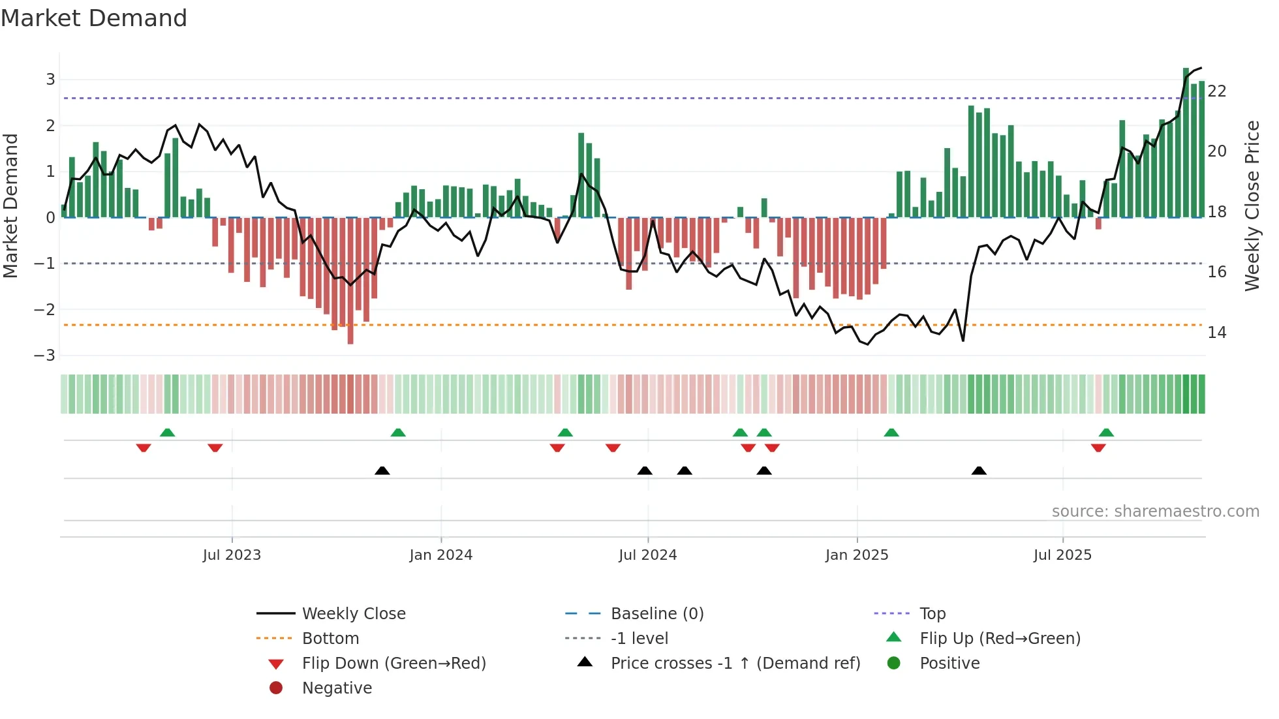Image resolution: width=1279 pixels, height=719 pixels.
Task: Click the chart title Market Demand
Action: (94, 18)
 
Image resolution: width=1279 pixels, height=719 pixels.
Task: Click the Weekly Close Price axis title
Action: (1252, 206)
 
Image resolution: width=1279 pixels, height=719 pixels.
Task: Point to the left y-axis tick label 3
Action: (50, 80)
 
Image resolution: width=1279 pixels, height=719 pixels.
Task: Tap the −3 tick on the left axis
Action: (45, 356)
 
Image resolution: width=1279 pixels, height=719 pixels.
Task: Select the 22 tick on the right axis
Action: (1216, 91)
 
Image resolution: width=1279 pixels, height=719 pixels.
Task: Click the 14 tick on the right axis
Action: (1216, 333)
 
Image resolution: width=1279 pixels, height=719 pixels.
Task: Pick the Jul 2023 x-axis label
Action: (232, 555)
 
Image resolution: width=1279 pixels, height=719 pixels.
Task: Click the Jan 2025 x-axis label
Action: (856, 555)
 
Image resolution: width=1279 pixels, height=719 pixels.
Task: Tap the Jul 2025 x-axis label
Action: (1062, 555)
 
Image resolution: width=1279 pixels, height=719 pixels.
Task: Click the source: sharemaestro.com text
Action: (1155, 512)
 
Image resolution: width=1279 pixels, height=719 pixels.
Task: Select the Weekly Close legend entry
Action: (353, 614)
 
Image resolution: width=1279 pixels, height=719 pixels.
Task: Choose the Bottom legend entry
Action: (330, 639)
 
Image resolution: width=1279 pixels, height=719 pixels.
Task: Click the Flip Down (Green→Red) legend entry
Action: (393, 664)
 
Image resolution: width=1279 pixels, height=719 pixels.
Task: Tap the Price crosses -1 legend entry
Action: (735, 664)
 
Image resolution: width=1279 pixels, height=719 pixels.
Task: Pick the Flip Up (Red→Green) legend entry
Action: (1000, 639)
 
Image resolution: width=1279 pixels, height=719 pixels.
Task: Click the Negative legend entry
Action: (337, 688)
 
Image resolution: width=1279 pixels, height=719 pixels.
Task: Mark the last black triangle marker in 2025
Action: (979, 471)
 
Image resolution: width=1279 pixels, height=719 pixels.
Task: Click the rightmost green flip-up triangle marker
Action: (1106, 433)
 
